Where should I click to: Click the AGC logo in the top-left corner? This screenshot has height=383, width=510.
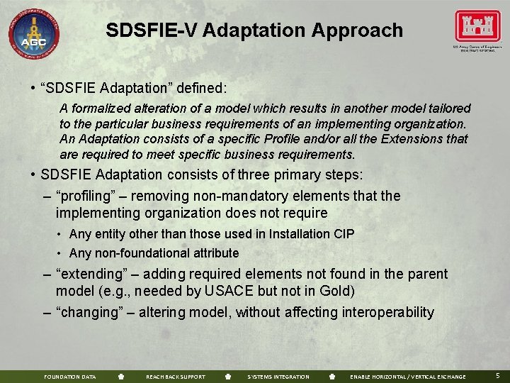coord(33,33)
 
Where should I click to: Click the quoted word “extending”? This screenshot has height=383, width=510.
coord(89,274)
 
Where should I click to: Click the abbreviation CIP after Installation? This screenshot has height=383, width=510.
coord(343,233)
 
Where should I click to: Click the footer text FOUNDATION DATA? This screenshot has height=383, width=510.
coord(69,377)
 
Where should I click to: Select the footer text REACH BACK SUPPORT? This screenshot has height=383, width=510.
coord(175,377)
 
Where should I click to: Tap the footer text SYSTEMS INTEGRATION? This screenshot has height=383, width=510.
coord(278,377)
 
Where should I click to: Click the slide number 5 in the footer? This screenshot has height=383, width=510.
coord(498,375)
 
